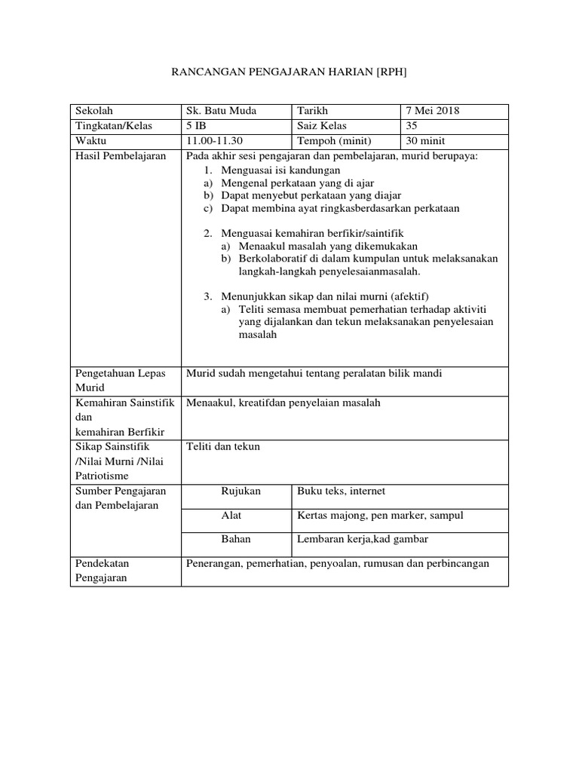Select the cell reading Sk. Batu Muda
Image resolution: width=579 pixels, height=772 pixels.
point(221,111)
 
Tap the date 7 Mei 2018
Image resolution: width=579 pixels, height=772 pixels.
point(433,111)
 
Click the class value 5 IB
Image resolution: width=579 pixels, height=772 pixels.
point(195,126)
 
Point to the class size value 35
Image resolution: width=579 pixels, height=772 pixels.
point(411,126)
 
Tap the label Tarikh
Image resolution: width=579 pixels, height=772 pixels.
point(313,111)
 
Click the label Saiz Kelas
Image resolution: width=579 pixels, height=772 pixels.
point(322,126)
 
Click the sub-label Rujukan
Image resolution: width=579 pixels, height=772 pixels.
point(240,491)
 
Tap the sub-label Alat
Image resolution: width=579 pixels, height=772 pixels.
point(231,515)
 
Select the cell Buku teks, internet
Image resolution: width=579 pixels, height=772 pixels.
point(342,491)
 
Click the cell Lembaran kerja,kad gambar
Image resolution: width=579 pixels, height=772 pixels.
point(363,540)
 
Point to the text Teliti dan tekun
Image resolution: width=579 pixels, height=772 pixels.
point(223,446)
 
